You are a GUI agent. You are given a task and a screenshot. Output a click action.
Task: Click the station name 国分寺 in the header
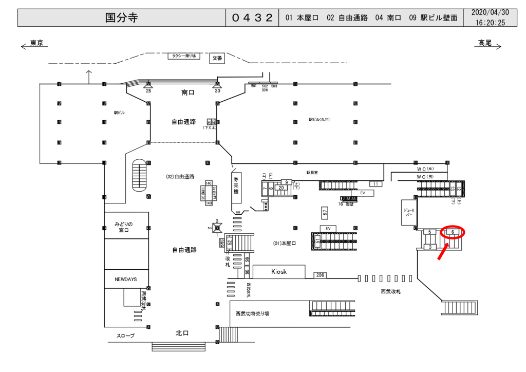coord(122,18)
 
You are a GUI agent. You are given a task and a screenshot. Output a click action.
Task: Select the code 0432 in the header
coord(252,18)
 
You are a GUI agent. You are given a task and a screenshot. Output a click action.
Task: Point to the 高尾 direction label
coord(485,43)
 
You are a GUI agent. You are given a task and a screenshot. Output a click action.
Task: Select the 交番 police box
coord(217,59)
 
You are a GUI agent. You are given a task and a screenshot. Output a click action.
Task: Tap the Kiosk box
coord(279,271)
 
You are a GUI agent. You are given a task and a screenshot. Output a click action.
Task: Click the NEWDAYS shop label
coord(126,279)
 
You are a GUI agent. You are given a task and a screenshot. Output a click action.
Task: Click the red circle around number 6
coord(452,232)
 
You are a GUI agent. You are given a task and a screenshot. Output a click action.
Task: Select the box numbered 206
coord(320,275)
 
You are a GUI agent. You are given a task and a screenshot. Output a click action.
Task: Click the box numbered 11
coord(376,184)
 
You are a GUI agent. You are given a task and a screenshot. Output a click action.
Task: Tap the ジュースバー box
coord(409,212)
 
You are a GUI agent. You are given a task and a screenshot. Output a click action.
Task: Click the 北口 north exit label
coord(182,333)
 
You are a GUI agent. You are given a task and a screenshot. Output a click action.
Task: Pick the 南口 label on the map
coord(188,92)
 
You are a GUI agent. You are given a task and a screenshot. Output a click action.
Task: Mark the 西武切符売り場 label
coord(252,313)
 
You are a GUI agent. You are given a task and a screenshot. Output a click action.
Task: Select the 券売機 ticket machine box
coord(236,185)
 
